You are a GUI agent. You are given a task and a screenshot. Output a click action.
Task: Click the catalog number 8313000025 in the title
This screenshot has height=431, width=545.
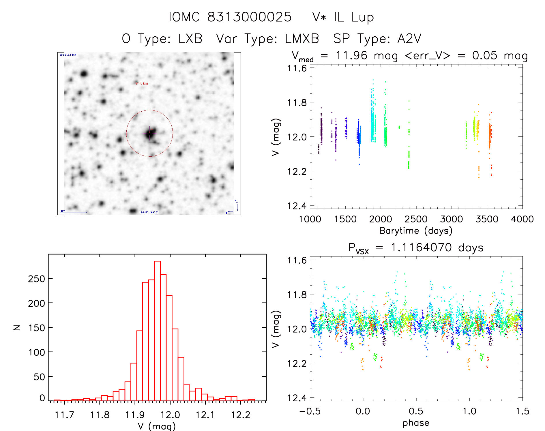pyautogui.click(x=249, y=17)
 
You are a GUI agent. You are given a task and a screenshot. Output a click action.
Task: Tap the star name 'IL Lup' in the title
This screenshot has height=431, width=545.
pyautogui.click(x=354, y=17)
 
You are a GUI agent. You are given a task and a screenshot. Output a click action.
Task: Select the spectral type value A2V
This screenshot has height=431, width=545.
pyautogui.click(x=409, y=39)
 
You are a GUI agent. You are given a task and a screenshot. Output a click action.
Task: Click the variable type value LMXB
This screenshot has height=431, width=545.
pyautogui.click(x=302, y=39)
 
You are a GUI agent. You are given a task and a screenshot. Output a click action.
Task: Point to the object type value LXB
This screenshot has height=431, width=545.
pyautogui.click(x=190, y=39)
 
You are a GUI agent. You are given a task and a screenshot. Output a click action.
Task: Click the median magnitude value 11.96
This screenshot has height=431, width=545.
pyautogui.click(x=351, y=55)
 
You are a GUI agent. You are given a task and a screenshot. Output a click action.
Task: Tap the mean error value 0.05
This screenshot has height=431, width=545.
pyautogui.click(x=485, y=55)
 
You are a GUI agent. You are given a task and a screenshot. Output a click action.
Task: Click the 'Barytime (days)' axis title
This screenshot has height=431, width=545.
pyautogui.click(x=416, y=231)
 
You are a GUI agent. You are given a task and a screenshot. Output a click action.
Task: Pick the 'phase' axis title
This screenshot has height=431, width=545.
pyautogui.click(x=416, y=423)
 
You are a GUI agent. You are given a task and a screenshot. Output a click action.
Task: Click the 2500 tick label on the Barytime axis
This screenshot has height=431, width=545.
pyautogui.click(x=416, y=219)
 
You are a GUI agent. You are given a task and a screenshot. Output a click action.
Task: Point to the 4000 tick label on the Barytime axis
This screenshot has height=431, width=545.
pyautogui.click(x=522, y=219)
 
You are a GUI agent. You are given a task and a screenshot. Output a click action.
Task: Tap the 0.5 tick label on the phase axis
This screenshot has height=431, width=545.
pyautogui.click(x=416, y=411)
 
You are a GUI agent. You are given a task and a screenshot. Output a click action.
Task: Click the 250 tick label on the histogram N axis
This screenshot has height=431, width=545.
pyautogui.click(x=36, y=279)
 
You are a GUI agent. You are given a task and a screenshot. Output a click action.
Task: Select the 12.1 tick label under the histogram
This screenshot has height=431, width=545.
pyautogui.click(x=205, y=415)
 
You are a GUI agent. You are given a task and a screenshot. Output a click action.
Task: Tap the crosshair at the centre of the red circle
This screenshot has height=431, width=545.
pyautogui.click(x=149, y=133)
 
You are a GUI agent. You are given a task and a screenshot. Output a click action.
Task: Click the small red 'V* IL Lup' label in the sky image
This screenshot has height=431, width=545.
pyautogui.click(x=142, y=83)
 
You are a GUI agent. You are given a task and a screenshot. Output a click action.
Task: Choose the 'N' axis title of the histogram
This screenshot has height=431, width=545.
pyautogui.click(x=17, y=327)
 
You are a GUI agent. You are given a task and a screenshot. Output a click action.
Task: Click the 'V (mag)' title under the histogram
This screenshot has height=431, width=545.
pyautogui.click(x=157, y=426)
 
